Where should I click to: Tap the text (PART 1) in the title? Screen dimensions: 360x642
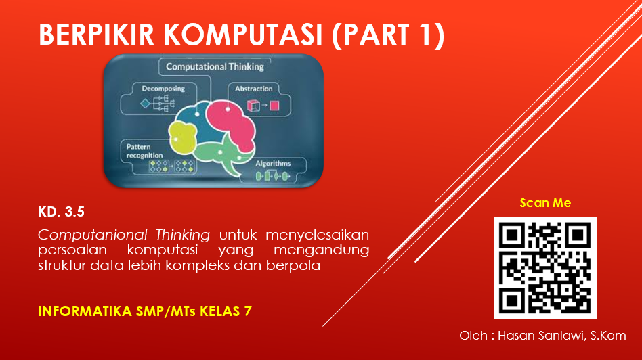click(x=388, y=35)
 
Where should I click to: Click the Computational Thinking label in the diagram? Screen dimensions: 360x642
click(x=215, y=67)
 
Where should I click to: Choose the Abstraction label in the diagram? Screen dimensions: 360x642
click(x=254, y=89)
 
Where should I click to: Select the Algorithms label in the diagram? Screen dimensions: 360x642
click(x=273, y=163)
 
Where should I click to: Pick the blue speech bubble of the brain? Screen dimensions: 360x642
click(x=199, y=112)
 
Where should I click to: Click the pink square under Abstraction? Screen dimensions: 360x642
click(x=274, y=106)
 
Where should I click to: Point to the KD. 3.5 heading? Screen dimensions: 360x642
click(x=61, y=212)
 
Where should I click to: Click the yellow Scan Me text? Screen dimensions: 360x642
click(x=545, y=203)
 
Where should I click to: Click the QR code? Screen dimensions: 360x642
click(x=545, y=268)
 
